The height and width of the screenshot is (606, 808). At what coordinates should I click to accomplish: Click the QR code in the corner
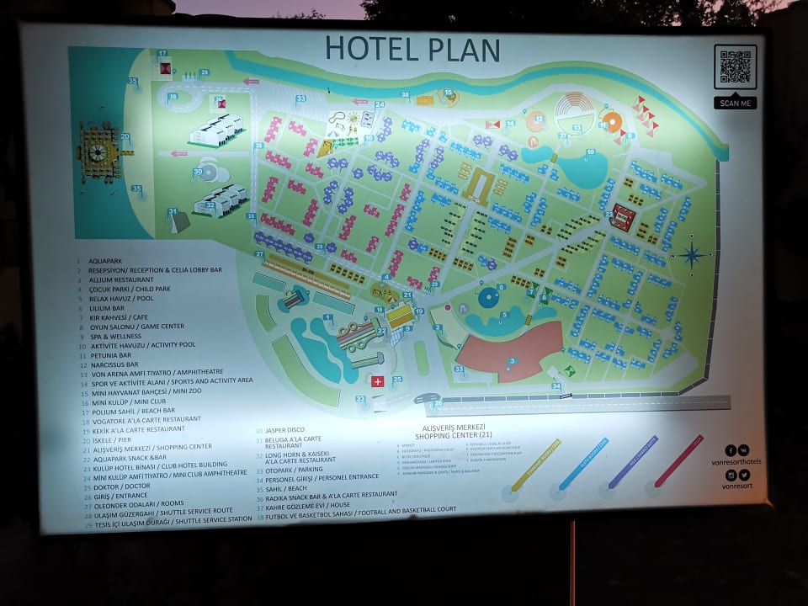coord(735,67)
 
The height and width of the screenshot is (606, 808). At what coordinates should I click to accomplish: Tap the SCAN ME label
coord(735,104)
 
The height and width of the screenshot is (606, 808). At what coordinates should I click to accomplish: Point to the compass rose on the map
coord(693,254)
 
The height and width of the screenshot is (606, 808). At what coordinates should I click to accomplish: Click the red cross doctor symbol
coord(377,381)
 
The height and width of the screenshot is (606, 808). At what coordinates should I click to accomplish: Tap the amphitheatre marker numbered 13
coord(577,127)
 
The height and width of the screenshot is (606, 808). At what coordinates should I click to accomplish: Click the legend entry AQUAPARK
coord(106,261)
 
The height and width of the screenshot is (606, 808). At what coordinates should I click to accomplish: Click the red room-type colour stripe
coord(678,460)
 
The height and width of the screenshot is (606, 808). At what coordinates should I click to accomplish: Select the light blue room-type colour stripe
coord(582,464)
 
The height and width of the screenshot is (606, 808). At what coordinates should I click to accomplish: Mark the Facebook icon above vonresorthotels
coord(731,450)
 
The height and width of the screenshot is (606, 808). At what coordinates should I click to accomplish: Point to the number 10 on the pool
coord(590,152)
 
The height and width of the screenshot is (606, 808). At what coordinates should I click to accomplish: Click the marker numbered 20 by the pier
coord(125,136)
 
